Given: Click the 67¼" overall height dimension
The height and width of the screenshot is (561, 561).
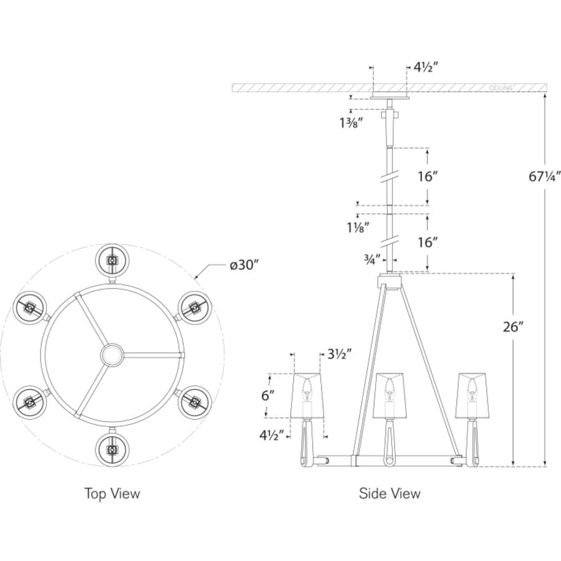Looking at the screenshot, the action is coord(544,176).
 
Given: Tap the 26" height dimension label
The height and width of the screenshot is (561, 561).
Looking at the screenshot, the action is coord(513,327).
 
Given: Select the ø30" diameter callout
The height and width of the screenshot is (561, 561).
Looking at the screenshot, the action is coord(244,266).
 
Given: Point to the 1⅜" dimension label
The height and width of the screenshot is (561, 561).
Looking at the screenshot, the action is coord(352,123).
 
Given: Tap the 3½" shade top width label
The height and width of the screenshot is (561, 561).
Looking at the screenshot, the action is coord(340,354).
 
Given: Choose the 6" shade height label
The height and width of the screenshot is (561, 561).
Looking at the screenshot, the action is coord(268,396).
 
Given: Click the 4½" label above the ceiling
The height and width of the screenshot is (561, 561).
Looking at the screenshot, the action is coord(426,67).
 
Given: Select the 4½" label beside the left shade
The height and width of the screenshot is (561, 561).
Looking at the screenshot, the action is coord(272,435).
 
